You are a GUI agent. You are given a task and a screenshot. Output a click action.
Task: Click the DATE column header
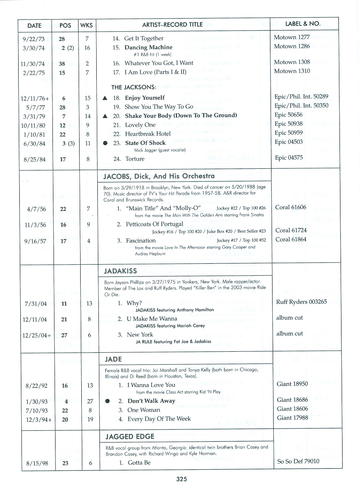click(34, 26)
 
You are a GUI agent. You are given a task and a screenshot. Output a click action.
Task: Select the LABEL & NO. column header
click(303, 24)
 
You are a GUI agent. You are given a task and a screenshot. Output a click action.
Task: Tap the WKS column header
click(87, 25)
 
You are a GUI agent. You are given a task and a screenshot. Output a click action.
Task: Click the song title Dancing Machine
click(148, 47)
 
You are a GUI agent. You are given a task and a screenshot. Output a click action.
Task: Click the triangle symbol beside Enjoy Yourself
click(105, 98)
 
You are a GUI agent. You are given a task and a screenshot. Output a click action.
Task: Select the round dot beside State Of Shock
click(105, 143)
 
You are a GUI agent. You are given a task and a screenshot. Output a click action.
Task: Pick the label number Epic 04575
click(289, 157)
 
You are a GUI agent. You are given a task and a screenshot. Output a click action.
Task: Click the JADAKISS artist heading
click(120, 271)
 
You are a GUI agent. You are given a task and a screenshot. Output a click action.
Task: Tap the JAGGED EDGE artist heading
click(130, 436)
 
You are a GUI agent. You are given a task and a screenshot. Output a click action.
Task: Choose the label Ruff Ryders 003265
click(301, 302)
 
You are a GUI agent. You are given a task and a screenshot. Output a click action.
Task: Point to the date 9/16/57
click(35, 241)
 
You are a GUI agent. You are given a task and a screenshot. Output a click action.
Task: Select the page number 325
click(181, 479)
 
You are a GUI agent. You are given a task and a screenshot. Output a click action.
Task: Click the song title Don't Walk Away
click(151, 401)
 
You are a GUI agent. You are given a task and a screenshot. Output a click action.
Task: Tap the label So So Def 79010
click(298, 461)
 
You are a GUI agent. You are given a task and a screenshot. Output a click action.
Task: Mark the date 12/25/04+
click(37, 335)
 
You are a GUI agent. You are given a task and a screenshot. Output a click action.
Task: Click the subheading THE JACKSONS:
click(134, 87)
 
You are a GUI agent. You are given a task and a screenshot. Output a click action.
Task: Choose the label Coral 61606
click(291, 207)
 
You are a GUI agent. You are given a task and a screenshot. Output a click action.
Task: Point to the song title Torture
click(135, 159)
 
